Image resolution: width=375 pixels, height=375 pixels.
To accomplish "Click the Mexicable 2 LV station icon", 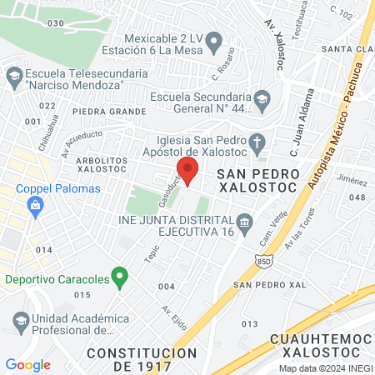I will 213,40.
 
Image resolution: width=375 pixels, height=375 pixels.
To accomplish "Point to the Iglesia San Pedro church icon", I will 257,141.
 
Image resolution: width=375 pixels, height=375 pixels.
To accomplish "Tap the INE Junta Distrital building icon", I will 245,221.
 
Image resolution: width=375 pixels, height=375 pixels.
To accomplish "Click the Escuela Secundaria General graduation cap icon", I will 262,99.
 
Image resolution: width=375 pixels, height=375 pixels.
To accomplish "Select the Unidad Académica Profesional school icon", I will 20,320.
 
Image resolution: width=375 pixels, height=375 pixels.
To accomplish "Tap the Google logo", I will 27,364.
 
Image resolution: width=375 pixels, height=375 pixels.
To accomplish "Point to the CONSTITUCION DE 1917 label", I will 141,359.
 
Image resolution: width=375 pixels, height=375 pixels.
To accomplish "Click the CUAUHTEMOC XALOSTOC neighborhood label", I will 322,347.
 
